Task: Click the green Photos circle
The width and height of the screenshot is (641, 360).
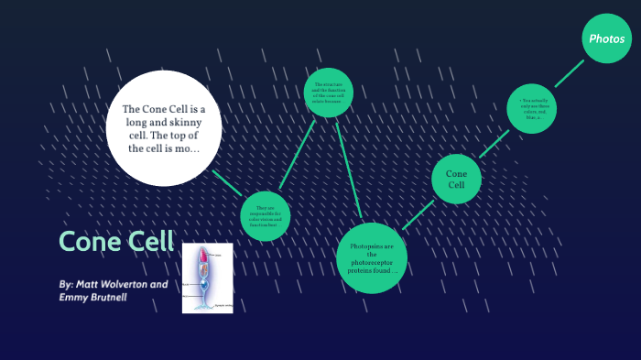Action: [607, 38]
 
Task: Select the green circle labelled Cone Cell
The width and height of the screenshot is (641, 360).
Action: [456, 179]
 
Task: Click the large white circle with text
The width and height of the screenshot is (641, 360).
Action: [164, 128]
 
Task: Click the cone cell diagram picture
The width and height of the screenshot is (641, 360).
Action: [207, 278]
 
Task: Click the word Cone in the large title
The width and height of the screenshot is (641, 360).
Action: [88, 241]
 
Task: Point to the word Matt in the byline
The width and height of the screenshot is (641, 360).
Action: [90, 284]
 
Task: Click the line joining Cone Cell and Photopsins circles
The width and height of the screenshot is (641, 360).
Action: [418, 213]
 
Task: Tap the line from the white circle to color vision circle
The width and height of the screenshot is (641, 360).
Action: [228, 183]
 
